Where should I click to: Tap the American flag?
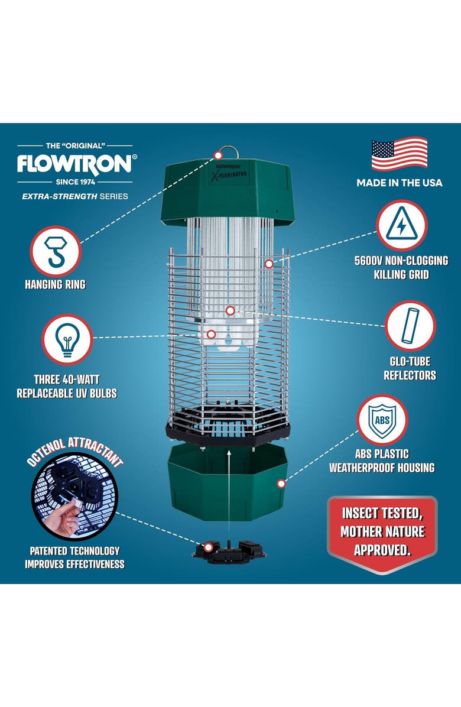click(x=400, y=154)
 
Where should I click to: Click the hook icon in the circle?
click(x=55, y=251)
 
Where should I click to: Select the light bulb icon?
click(x=66, y=340)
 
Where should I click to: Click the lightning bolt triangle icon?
click(x=401, y=226)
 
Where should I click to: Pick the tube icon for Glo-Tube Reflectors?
click(x=410, y=326)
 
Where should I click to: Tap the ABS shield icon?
click(x=382, y=420)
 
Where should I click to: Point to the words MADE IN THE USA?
click(x=399, y=183)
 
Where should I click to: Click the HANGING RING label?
click(x=55, y=285)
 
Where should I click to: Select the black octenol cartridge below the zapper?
click(x=229, y=549)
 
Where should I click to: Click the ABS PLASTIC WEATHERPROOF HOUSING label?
click(x=381, y=461)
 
